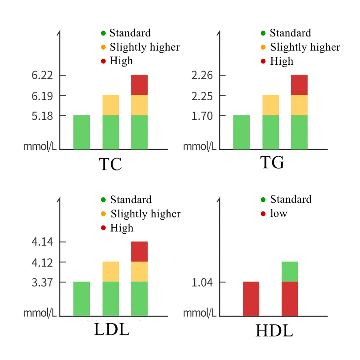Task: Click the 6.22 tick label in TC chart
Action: [42, 75]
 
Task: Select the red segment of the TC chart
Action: [139, 85]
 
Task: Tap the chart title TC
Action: [110, 164]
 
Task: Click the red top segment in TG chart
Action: [299, 85]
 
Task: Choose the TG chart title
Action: [272, 163]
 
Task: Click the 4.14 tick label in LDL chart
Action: [42, 242]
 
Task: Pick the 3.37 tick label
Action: [42, 283]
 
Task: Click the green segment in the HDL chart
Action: [290, 272]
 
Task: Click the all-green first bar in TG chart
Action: [242, 132]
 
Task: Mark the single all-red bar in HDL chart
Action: [251, 298]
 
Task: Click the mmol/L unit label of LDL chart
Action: [40, 313]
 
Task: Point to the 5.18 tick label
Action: [42, 116]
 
